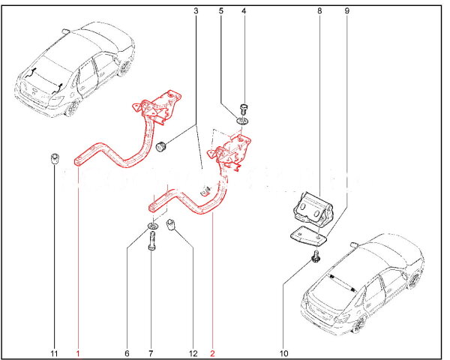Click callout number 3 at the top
[x=196, y=11]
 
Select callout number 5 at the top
[x=220, y=11]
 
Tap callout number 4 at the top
[x=244, y=11]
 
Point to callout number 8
[x=319, y=11]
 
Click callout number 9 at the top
[x=347, y=11]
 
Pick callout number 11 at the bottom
[x=54, y=353]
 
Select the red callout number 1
[x=78, y=353]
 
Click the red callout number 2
[x=212, y=353]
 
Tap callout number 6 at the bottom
[x=127, y=353]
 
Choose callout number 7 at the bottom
[x=151, y=353]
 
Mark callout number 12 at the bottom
[x=193, y=353]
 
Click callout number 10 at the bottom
[x=283, y=353]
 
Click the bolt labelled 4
[x=244, y=109]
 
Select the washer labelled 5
[x=242, y=121]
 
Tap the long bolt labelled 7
[x=152, y=241]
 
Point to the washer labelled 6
[x=153, y=226]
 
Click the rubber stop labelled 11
[x=54, y=159]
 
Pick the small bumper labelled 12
[x=171, y=225]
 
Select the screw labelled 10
[x=316, y=256]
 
